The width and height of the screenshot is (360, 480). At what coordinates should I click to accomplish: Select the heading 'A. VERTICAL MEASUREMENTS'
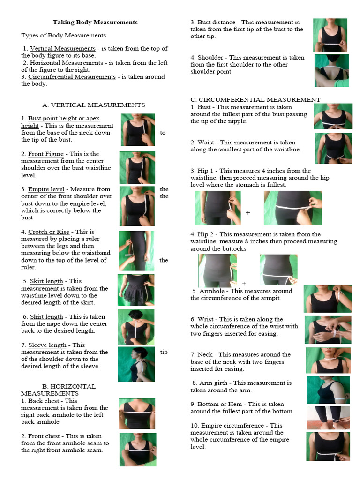[x=94, y=105]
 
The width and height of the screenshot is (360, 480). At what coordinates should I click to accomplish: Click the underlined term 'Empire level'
[x=46, y=189]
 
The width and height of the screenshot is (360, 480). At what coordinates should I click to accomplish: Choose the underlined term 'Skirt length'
[x=46, y=281]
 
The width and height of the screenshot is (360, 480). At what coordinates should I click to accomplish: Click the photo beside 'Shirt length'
[x=136, y=327]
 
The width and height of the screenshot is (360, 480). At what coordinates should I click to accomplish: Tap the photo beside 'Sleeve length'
[x=136, y=364]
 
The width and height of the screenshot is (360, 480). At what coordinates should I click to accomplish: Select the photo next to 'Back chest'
[x=137, y=413]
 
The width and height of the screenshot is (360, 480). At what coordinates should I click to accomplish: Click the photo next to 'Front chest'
[x=137, y=449]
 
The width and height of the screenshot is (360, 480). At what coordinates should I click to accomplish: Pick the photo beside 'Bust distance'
[x=330, y=35]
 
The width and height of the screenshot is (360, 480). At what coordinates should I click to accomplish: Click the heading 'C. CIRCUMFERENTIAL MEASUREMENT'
[x=255, y=99]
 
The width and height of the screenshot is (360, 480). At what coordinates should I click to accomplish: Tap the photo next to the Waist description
[x=333, y=148]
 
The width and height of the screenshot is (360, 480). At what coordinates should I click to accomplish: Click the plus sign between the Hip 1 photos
[x=248, y=213]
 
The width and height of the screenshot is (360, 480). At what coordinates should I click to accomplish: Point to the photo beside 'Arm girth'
[x=328, y=390]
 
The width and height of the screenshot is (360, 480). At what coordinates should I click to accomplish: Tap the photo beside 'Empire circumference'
[x=328, y=446]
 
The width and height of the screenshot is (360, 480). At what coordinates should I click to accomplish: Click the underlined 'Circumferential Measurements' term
[x=72, y=77]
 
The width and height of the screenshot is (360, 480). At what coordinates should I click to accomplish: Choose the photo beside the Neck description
[x=328, y=360]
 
